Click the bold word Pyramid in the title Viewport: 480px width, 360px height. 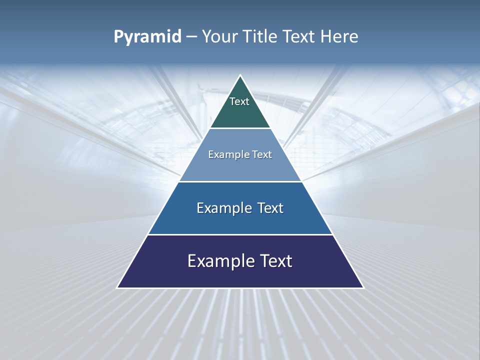pos(147,37)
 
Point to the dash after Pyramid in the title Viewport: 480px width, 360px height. pos(191,37)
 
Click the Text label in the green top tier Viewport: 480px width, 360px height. pos(239,101)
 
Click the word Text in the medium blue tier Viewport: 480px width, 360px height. pos(270,208)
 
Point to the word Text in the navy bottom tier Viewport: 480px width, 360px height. pos(276,261)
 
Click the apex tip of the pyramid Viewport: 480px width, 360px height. pos(240,76)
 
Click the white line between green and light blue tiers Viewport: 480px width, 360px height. pos(240,128)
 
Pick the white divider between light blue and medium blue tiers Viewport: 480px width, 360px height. pos(240,181)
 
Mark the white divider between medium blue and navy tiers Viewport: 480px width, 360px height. pos(240,234)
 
